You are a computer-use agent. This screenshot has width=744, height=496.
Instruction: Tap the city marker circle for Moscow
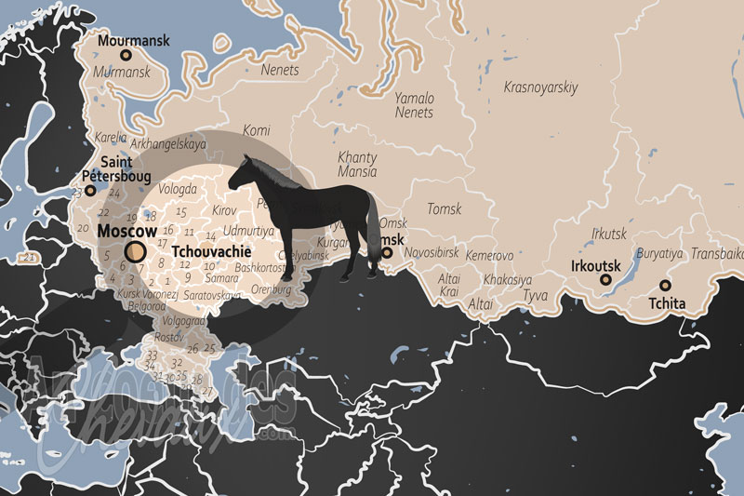pyautogui.click(x=135, y=251)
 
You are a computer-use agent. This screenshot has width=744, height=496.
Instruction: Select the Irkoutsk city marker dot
pyautogui.click(x=605, y=279)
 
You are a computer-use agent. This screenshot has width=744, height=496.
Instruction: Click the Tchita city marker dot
pyautogui.click(x=665, y=286)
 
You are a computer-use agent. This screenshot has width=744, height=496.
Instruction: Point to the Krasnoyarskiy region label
pyautogui.click(x=540, y=88)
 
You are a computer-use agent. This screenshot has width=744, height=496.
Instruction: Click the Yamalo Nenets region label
pyautogui.click(x=414, y=104)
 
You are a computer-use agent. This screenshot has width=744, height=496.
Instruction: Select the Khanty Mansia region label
pyautogui.click(x=358, y=165)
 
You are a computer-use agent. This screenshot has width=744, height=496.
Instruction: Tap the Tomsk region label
pyautogui.click(x=444, y=209)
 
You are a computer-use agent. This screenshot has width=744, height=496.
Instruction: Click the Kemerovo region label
pyautogui.click(x=489, y=255)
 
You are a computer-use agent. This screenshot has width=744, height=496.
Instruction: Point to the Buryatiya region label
pyautogui.click(x=659, y=253)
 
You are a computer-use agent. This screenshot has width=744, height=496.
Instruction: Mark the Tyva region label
pyautogui.click(x=536, y=295)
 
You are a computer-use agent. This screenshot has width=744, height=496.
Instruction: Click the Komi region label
pyautogui.click(x=256, y=130)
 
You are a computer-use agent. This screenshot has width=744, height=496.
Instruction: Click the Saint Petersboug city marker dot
pyautogui.click(x=90, y=191)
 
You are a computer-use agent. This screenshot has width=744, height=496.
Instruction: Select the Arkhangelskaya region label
pyautogui.click(x=167, y=144)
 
